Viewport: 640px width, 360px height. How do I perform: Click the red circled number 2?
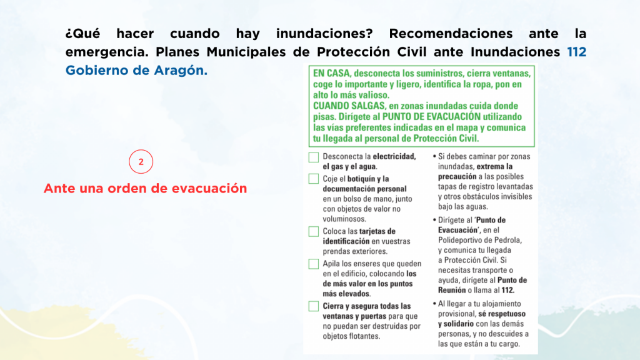pyautogui.click(x=141, y=162)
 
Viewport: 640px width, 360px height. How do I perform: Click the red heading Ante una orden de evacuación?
pyautogui.click(x=145, y=188)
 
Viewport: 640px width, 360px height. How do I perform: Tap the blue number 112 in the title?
pyautogui.click(x=577, y=52)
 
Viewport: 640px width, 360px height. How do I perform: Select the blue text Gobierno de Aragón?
pyautogui.click(x=136, y=70)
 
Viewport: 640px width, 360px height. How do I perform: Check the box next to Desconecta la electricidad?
pyautogui.click(x=314, y=157)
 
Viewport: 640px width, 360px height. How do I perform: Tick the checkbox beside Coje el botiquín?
pyautogui.click(x=314, y=179)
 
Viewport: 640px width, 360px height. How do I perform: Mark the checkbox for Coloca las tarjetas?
pyautogui.click(x=314, y=231)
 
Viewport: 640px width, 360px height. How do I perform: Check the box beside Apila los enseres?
pyautogui.click(x=314, y=264)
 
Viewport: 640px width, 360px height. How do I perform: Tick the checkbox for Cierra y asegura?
pyautogui.click(x=314, y=306)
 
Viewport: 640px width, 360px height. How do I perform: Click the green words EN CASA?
pyautogui.click(x=331, y=74)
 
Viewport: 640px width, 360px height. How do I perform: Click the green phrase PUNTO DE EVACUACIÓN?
pyautogui.click(x=431, y=117)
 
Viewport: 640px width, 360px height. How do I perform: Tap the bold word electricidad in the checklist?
pyautogui.click(x=394, y=156)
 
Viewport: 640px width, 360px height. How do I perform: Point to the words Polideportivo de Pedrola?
pyautogui.click(x=479, y=240)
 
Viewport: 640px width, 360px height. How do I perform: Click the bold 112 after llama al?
pyautogui.click(x=508, y=290)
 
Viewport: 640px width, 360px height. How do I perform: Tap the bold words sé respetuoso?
pyautogui.click(x=502, y=314)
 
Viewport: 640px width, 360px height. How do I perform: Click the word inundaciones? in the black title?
pyautogui.click(x=324, y=34)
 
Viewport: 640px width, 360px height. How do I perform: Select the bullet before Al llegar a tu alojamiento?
pyautogui.click(x=434, y=304)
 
